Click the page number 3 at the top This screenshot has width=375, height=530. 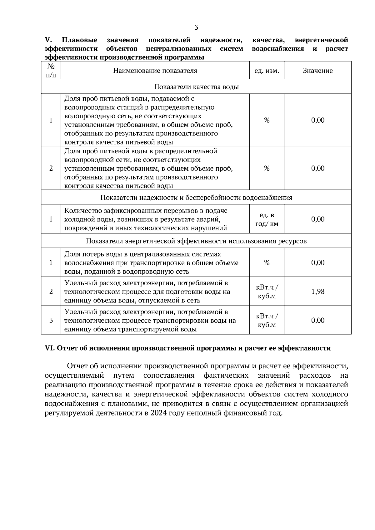click(196, 27)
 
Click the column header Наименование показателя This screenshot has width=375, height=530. click(155, 71)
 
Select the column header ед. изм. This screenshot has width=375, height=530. click(267, 71)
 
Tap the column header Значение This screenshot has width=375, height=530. click(317, 71)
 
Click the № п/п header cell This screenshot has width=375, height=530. click(51, 71)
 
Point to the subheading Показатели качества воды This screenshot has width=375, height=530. click(196, 87)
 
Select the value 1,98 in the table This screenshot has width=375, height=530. click(318, 292)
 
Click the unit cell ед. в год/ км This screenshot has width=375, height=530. click(267, 219)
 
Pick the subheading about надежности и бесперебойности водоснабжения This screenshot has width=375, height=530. click(196, 198)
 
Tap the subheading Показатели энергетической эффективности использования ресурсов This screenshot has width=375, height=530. click(196, 241)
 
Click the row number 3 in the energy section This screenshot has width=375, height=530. click(51, 321)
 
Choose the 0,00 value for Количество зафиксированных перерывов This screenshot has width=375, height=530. click(318, 219)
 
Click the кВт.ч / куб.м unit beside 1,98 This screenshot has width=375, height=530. click(267, 292)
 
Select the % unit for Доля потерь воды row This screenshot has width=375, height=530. click(267, 263)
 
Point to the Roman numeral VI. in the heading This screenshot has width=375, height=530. click(50, 348)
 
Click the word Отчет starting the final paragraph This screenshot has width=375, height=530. click(77, 366)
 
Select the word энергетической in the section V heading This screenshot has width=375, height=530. click(321, 40)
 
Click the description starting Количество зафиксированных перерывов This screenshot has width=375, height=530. click(146, 219)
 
